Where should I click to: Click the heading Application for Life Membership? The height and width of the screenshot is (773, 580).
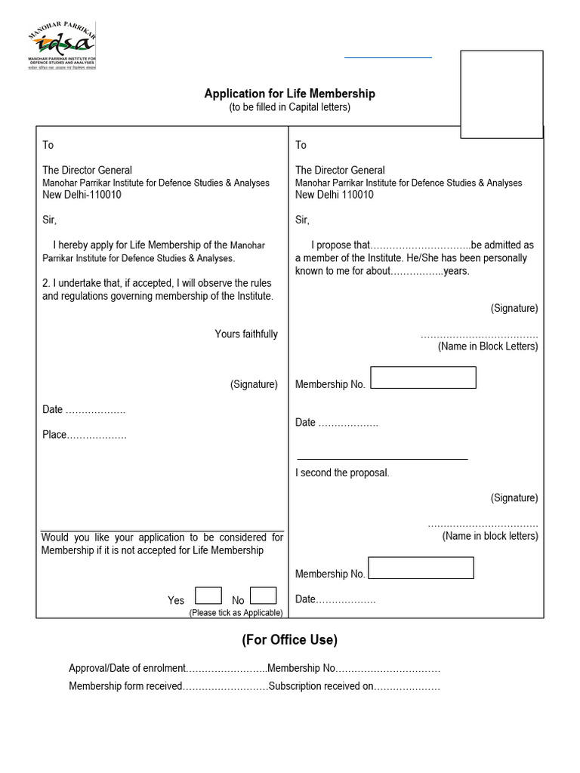289,94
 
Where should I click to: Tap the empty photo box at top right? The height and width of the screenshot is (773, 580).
501,94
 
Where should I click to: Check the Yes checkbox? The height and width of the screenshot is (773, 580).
208,596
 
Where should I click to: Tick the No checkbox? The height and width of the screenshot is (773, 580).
263,596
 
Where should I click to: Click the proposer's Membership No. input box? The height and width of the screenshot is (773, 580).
423,377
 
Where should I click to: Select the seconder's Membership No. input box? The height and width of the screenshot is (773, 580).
421,568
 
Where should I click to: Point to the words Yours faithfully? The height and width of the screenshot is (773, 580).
246,334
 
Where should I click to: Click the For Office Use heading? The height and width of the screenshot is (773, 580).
289,640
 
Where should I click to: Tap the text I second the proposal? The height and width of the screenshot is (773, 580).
342,473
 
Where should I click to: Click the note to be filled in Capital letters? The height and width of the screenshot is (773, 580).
289,108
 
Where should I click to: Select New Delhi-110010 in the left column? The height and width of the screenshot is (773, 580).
82,195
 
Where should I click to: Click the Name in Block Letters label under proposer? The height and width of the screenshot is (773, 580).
488,346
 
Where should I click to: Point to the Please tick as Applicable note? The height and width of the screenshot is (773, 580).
236,613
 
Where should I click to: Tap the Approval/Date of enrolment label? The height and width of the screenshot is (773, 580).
127,668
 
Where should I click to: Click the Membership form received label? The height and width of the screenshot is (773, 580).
125,686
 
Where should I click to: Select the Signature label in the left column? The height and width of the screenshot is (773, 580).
254,384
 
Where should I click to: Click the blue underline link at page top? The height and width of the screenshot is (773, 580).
388,57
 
